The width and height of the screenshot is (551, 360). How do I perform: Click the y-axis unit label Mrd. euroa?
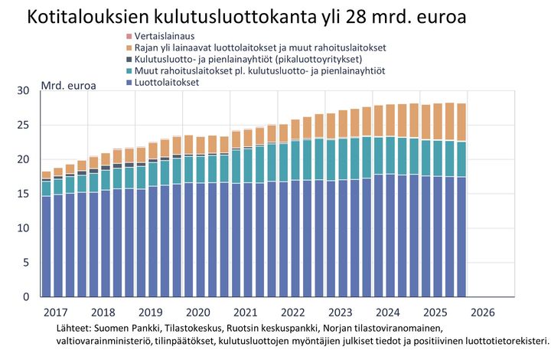tap(68, 85)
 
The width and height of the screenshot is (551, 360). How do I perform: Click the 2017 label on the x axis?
tap(56, 313)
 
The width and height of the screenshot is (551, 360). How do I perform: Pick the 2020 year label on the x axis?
tap(198, 313)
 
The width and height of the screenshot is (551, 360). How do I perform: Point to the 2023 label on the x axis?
tap(341, 313)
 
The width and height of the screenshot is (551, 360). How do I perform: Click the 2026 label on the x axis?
tap(483, 313)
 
